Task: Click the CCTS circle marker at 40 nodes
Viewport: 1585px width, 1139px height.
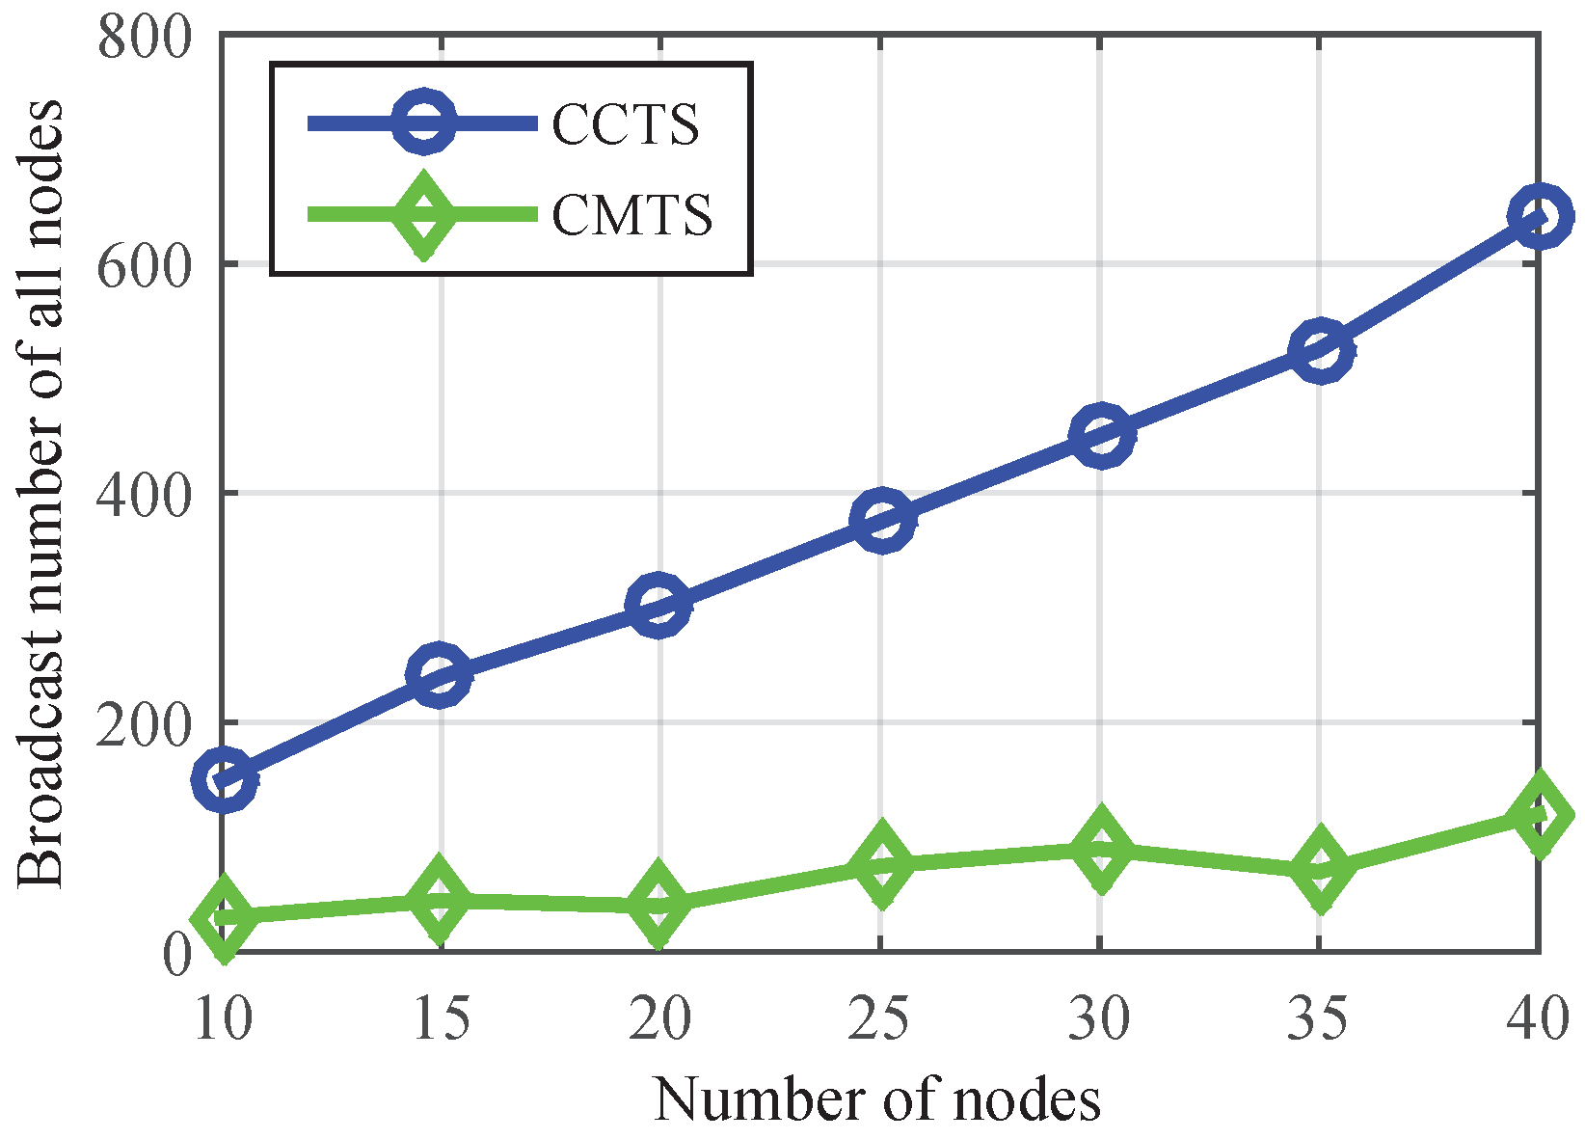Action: (1538, 217)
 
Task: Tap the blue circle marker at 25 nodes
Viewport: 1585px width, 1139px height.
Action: (880, 519)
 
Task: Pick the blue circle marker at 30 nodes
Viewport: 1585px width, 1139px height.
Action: (1100, 435)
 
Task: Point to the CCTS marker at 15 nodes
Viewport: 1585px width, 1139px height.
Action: (440, 675)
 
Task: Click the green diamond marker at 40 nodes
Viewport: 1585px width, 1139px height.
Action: (1538, 814)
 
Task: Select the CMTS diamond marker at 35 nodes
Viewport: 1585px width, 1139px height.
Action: (1319, 868)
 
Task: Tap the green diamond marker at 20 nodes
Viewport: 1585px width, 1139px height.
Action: (658, 904)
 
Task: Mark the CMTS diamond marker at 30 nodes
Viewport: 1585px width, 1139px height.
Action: (1100, 850)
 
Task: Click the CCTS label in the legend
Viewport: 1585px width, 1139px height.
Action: (625, 124)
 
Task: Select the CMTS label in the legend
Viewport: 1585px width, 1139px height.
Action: (632, 213)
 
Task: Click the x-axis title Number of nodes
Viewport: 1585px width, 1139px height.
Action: (877, 1098)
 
